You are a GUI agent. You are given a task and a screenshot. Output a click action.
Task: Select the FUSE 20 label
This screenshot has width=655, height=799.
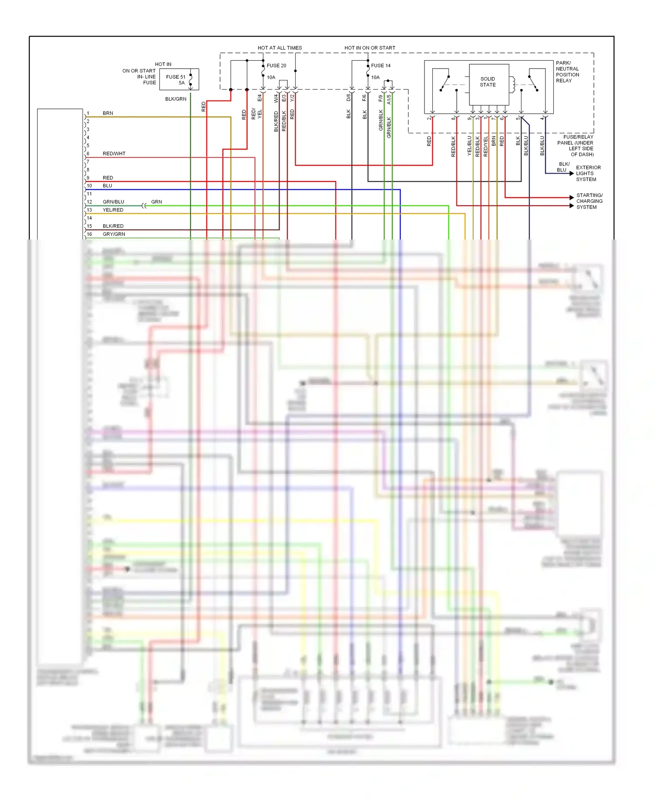pyautogui.click(x=276, y=66)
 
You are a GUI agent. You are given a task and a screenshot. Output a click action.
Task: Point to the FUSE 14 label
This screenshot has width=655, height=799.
pyautogui.click(x=381, y=66)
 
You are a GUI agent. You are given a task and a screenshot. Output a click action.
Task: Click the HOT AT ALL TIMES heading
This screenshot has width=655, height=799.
pyautogui.click(x=279, y=48)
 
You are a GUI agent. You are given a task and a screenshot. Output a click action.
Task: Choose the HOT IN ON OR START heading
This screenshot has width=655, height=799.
pyautogui.click(x=369, y=48)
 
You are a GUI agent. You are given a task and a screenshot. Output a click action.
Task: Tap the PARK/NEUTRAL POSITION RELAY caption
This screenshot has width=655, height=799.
pyautogui.click(x=567, y=72)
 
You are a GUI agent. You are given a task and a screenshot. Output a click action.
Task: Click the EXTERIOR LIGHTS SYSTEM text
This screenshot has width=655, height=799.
pyautogui.click(x=588, y=174)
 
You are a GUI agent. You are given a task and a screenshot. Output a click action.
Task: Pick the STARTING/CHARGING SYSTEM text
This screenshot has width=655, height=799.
pyautogui.click(x=589, y=201)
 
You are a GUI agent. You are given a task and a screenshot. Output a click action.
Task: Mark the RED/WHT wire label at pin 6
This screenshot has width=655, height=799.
pyautogui.click(x=114, y=153)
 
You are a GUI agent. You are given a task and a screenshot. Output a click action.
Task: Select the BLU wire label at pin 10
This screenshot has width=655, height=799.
pyautogui.click(x=107, y=186)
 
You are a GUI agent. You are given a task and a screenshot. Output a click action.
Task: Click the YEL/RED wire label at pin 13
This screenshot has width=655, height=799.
pyautogui.click(x=113, y=210)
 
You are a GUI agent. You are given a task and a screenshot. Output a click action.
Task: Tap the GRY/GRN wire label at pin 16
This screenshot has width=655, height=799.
pyautogui.click(x=114, y=234)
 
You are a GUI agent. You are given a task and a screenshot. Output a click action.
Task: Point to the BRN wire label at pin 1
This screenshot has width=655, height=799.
pyautogui.click(x=107, y=113)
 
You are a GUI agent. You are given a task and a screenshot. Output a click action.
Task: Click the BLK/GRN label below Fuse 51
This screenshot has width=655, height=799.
pyautogui.click(x=176, y=99)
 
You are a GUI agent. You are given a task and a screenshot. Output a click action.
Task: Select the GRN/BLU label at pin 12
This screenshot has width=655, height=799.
pyautogui.click(x=113, y=202)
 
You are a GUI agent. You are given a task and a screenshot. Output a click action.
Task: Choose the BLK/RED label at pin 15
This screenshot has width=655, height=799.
pyautogui.click(x=113, y=226)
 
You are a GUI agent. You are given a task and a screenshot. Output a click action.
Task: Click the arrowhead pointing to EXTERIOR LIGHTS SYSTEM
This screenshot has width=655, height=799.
pyautogui.click(x=572, y=174)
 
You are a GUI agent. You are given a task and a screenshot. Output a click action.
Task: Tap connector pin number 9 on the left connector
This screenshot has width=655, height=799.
pyautogui.click(x=88, y=178)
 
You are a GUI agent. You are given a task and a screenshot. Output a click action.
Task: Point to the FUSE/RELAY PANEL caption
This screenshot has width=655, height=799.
pyautogui.click(x=576, y=146)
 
